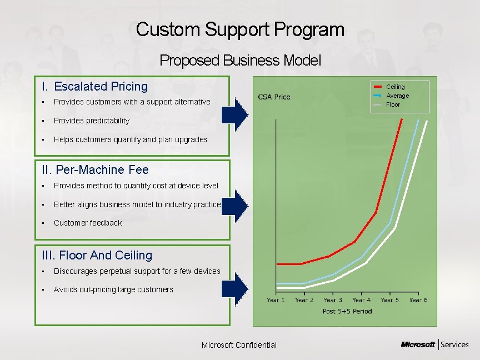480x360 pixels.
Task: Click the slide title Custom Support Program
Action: click(240, 29)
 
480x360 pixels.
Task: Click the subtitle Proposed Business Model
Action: click(240, 60)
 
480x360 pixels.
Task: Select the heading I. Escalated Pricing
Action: click(95, 86)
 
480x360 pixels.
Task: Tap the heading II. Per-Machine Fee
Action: click(95, 169)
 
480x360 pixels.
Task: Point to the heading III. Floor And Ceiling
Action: click(97, 255)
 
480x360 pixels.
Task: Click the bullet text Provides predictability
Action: click(91, 121)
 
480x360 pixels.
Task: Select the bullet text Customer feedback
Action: click(87, 223)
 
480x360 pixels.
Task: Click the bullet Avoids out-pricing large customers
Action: click(113, 289)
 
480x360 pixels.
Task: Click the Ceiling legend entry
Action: click(395, 87)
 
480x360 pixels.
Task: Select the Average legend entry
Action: click(397, 96)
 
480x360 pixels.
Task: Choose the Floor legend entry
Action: click(393, 104)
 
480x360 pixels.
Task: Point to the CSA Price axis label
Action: click(274, 97)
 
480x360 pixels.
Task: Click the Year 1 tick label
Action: click(276, 300)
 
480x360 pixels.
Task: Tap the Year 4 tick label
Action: click(361, 300)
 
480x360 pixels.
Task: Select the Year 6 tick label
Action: click(418, 300)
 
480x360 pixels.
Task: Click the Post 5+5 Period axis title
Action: click(347, 311)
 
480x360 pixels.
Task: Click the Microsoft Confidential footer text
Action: click(239, 345)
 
